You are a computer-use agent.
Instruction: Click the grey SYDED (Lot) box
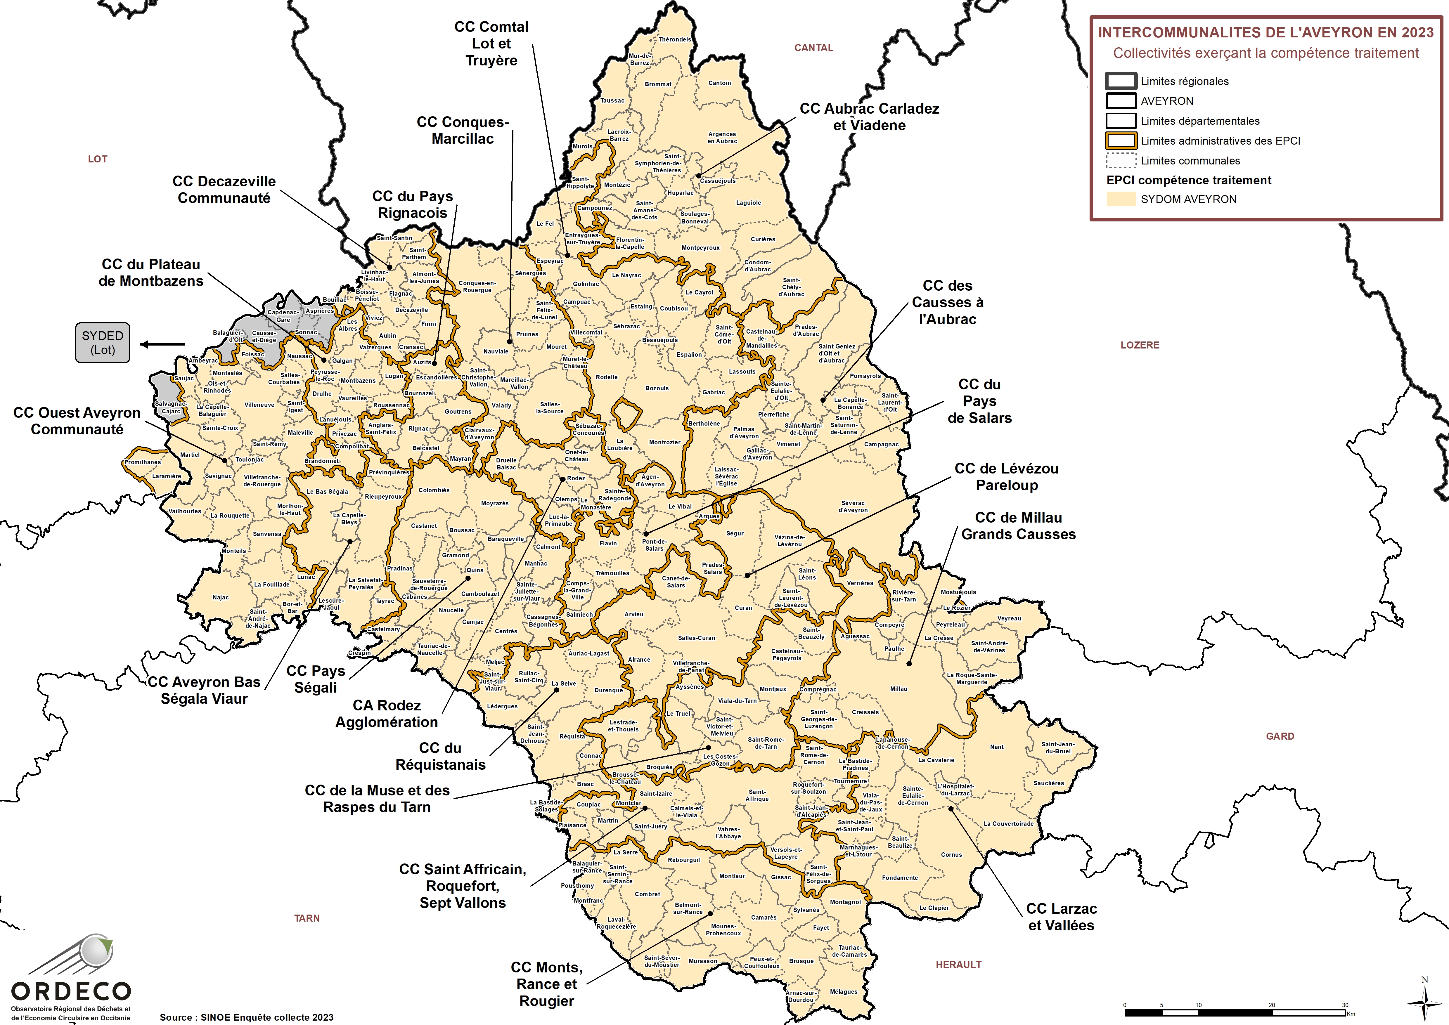pos(102,343)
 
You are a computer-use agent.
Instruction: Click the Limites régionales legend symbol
pos(1121,81)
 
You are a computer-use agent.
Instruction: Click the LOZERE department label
pos(1140,345)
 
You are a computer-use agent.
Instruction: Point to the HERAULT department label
pos(958,965)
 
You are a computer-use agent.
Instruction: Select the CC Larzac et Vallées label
pos(1061,917)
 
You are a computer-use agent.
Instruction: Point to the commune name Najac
pos(220,597)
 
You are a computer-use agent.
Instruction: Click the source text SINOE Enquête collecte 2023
pos(246,1017)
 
